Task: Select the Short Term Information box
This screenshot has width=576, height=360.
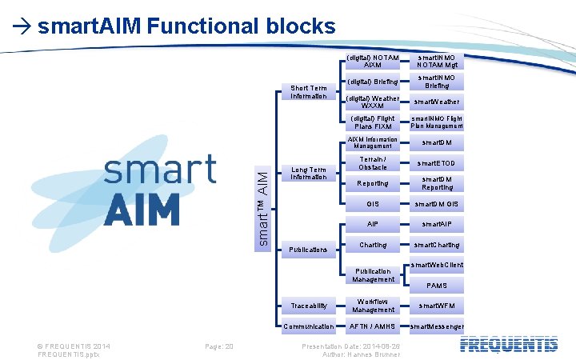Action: coord(308,92)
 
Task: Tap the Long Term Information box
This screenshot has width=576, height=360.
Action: coord(308,174)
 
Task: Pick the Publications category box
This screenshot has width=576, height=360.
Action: coord(308,250)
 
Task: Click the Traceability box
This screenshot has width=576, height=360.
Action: coord(308,306)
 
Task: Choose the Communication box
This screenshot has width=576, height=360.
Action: coord(308,326)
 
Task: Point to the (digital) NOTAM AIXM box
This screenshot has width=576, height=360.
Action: coord(373,62)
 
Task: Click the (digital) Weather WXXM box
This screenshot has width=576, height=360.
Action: coord(373,102)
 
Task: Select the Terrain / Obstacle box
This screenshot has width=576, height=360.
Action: coord(373,162)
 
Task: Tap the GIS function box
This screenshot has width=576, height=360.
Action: coord(373,204)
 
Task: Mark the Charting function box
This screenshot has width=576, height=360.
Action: coord(373,245)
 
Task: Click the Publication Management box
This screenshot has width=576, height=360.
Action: coord(373,275)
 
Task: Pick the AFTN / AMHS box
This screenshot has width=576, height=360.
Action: coord(373,326)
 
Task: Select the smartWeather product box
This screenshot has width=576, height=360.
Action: coord(437,102)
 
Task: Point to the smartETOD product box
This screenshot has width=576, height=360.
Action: coord(437,163)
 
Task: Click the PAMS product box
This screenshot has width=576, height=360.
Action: coord(437,286)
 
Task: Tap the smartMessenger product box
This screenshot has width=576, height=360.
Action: coord(437,326)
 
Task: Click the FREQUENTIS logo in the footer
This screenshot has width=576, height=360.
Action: coord(509,345)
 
